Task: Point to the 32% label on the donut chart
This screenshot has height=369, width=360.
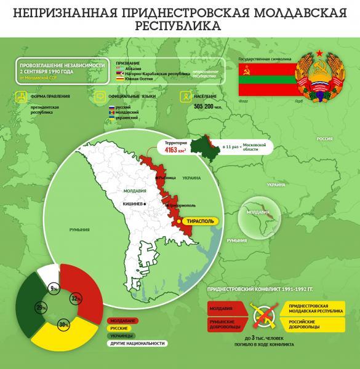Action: [76, 299]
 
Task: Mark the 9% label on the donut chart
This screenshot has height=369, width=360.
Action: [54, 288]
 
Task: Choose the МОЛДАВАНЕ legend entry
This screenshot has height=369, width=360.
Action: [123, 320]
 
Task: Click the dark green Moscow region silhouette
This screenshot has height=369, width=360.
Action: [203, 146]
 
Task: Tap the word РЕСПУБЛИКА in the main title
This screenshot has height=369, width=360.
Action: [180, 26]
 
